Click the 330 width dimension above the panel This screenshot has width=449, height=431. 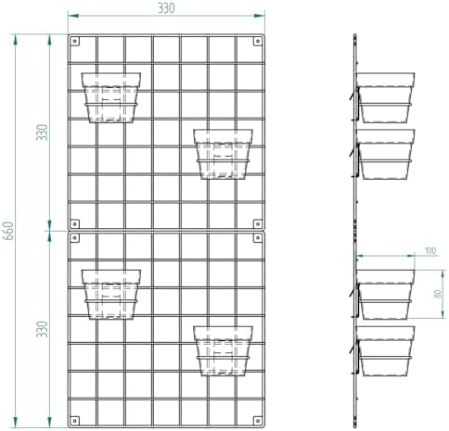(166, 8)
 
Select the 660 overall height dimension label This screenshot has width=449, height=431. (8, 231)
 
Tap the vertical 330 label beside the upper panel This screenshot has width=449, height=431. (42, 133)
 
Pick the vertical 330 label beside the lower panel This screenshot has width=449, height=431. (42, 329)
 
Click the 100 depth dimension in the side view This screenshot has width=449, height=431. (430, 250)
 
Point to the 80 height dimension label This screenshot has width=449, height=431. (438, 294)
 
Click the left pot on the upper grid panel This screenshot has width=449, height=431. (111, 97)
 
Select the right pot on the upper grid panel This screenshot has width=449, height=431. (223, 154)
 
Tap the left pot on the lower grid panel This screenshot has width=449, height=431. (111, 295)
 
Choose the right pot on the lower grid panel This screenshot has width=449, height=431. (223, 351)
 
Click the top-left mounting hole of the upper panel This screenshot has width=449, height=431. (75, 41)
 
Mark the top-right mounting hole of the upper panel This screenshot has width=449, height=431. (258, 41)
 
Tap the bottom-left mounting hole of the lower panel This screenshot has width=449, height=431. (75, 421)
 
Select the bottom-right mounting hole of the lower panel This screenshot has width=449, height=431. (258, 421)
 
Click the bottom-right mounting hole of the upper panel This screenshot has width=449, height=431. (258, 223)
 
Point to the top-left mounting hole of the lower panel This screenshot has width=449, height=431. (75, 237)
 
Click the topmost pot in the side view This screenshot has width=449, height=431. (385, 97)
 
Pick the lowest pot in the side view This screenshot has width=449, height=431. (385, 351)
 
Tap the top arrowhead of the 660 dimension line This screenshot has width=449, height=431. (16, 40)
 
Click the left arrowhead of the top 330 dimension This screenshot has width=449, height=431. (73, 16)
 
